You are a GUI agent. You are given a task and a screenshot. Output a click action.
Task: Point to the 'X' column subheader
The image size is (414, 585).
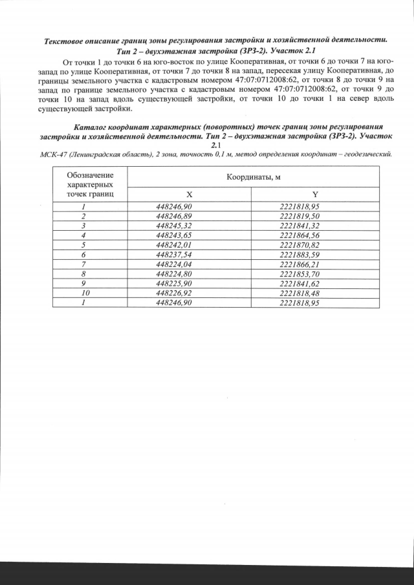pyautogui.click(x=189, y=194)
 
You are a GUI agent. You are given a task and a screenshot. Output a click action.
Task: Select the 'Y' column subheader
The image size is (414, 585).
pyautogui.click(x=315, y=194)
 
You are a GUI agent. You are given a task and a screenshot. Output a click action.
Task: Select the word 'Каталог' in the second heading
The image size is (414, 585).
pyautogui.click(x=95, y=127)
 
